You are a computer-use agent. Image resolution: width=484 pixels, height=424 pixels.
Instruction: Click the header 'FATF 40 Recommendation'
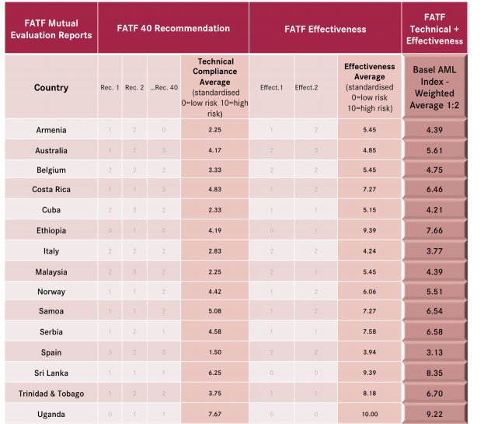[x=172, y=29]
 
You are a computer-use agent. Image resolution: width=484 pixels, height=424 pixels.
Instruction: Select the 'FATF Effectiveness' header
[x=326, y=29]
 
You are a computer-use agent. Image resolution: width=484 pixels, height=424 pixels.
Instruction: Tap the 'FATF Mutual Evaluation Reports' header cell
[x=50, y=29]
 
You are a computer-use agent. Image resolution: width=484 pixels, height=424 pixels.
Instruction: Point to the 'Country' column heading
[x=51, y=88]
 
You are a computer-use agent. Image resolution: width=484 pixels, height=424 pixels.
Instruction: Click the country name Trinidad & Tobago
[x=51, y=393]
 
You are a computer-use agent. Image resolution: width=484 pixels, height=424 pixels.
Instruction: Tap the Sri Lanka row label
[x=51, y=373]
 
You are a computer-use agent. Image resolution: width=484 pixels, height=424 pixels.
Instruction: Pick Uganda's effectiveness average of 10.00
[x=369, y=413]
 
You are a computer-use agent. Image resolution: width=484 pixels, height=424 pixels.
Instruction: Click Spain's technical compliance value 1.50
[x=216, y=352]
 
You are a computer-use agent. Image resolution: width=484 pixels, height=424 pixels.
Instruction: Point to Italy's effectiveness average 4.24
[x=369, y=251]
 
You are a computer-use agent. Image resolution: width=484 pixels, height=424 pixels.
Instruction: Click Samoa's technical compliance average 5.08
[x=216, y=311]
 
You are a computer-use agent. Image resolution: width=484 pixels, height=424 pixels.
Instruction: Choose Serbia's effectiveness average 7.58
[x=369, y=332]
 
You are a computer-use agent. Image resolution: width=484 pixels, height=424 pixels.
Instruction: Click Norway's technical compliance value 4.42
[x=216, y=292]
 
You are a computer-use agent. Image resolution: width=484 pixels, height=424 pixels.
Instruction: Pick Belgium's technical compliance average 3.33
[x=216, y=170]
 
